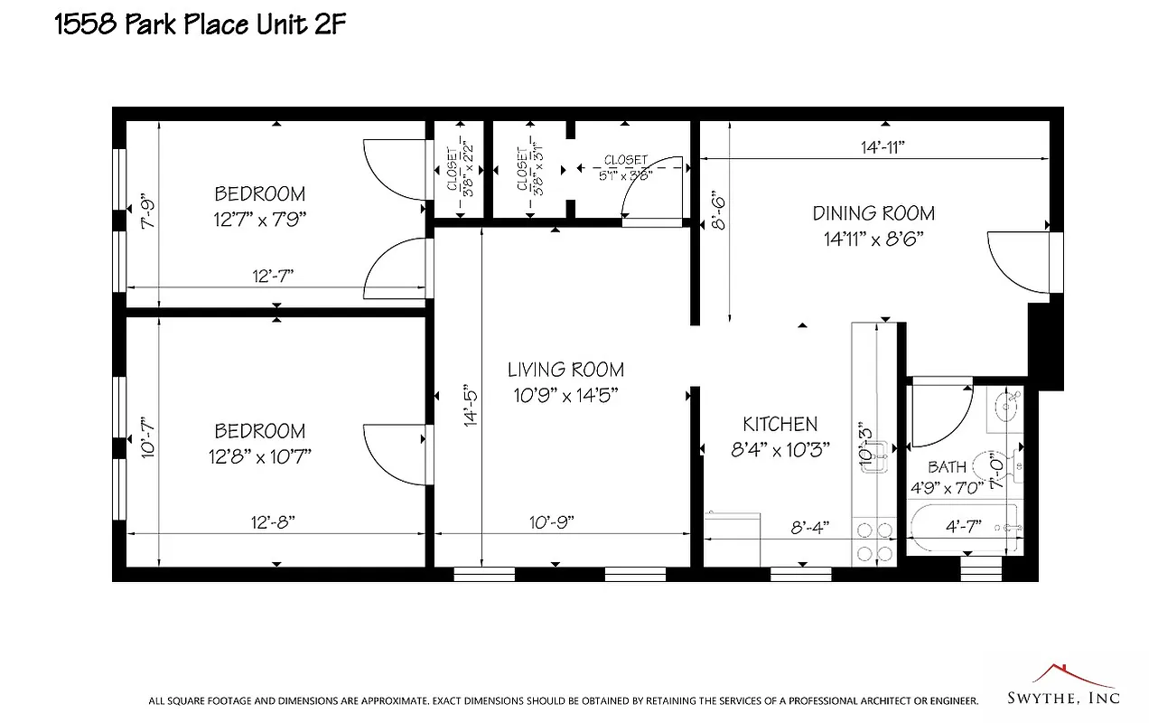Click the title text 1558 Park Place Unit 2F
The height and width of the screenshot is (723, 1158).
201,24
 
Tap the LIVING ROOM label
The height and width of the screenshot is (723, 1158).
565,370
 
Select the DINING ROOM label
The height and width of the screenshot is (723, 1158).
873,213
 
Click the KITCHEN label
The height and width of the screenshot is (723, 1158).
780,424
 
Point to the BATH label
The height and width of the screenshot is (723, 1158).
947,467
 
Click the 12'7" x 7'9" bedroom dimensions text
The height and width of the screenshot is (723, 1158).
259,220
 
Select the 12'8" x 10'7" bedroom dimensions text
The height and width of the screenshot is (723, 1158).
259,456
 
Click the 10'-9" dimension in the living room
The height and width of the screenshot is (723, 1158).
550,522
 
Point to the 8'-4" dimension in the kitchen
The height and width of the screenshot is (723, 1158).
809,527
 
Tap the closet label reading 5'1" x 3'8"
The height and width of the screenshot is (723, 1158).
626,168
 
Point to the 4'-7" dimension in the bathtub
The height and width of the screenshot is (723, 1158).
962,525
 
